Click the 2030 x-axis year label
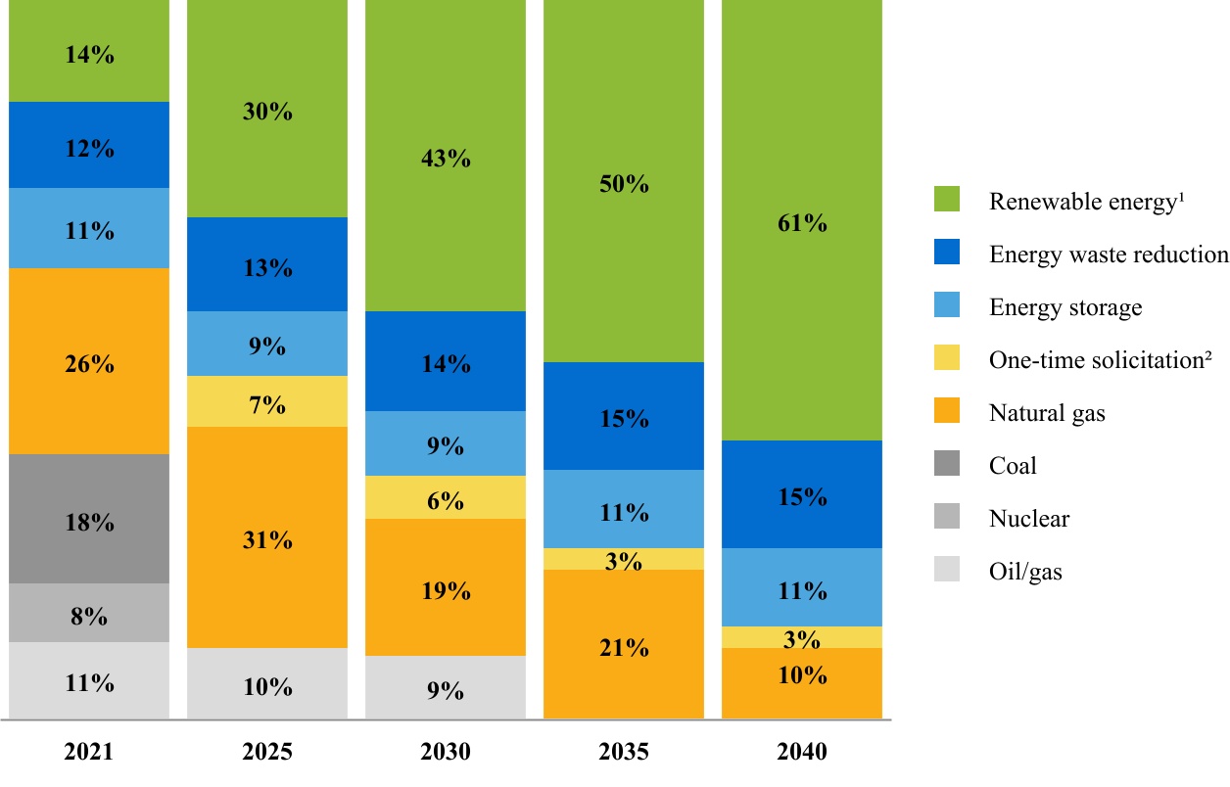[446, 753]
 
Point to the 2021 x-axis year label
[89, 753]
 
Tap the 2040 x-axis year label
[802, 753]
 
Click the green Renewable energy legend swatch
[947, 201]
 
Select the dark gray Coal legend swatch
[947, 465]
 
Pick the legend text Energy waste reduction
[1109, 255]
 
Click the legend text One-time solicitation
[1101, 360]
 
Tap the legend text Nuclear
[1029, 519]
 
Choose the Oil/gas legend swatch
[947, 571]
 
